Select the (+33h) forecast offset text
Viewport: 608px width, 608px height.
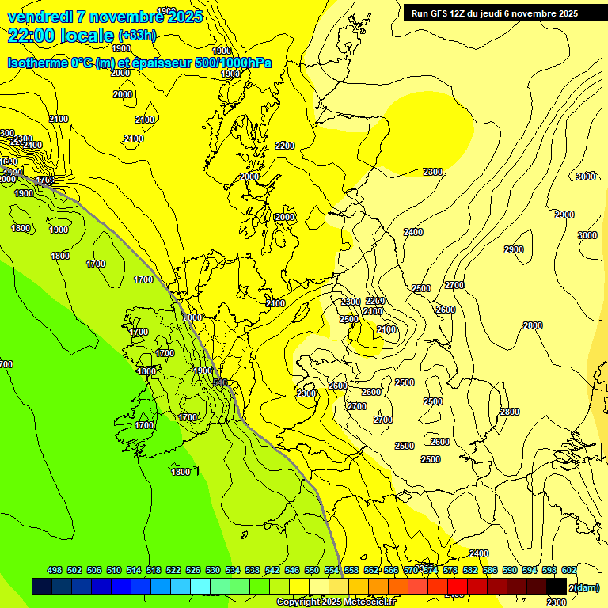click(137, 36)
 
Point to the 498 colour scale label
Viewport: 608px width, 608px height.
click(55, 570)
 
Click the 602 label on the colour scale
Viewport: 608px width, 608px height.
click(568, 570)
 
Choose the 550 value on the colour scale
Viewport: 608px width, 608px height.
click(312, 570)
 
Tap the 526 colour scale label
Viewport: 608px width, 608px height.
click(193, 570)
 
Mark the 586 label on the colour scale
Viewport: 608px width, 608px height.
click(489, 570)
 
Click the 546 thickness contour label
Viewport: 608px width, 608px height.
click(221, 383)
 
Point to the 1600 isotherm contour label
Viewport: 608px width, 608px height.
click(9, 161)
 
